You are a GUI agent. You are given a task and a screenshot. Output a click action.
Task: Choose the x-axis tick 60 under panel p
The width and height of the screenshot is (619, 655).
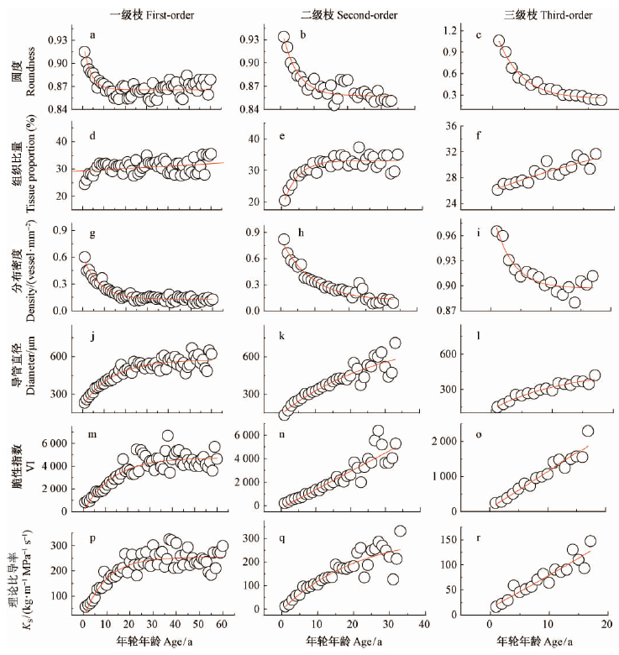(222, 625)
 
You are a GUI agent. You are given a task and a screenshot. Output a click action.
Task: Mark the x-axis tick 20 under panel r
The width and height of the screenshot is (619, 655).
(607, 625)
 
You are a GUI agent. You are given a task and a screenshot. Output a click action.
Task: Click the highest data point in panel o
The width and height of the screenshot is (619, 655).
(587, 431)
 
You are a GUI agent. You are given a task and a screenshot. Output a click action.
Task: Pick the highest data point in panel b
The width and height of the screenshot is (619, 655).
(284, 37)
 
